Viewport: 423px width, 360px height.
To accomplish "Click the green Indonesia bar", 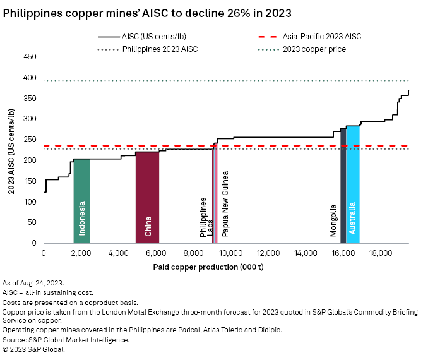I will coord(81,201).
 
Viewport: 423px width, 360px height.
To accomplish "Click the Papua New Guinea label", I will coord(225,203).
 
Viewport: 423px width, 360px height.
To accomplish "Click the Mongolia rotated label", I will coord(333,220).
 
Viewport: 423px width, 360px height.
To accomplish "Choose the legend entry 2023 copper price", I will coord(313,49).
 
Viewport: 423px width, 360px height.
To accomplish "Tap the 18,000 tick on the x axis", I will coord(381,253).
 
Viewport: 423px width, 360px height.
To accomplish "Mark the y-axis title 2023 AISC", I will coord(11,150).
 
